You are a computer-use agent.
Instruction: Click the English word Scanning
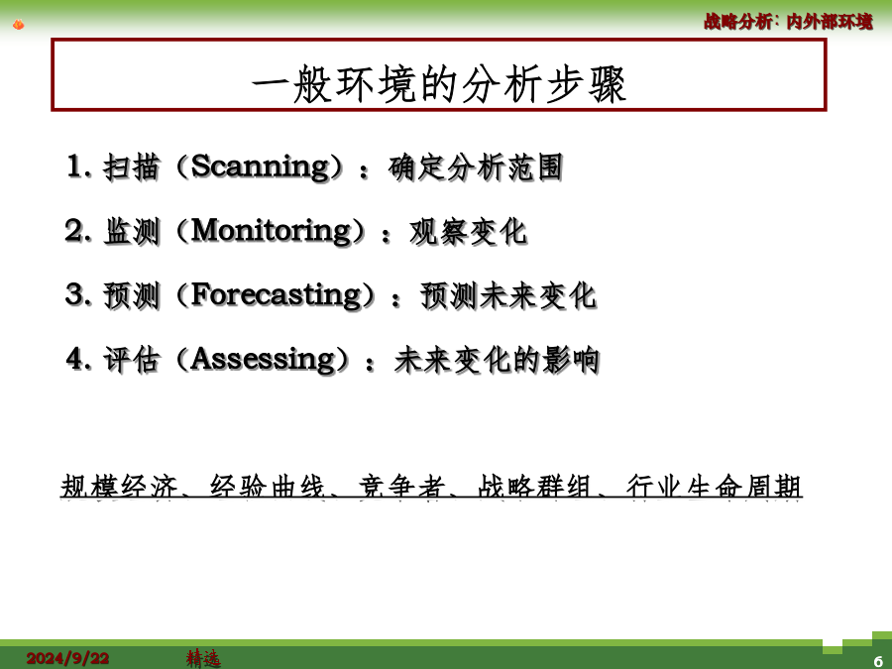[x=261, y=167]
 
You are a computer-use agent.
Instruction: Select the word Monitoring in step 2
[x=272, y=232]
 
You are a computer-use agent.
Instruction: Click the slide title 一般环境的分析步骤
[x=439, y=85]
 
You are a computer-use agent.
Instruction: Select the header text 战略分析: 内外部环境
[x=788, y=22]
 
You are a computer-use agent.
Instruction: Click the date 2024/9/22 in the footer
[x=67, y=659]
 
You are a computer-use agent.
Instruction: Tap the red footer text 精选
[x=203, y=659]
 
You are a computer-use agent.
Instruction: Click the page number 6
[x=878, y=661]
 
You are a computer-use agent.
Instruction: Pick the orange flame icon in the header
[x=18, y=25]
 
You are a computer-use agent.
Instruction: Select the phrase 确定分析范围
[x=476, y=167]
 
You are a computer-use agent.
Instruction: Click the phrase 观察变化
[x=468, y=232]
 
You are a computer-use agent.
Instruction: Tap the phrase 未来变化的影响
[x=497, y=361]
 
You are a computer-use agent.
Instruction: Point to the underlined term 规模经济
[x=119, y=487]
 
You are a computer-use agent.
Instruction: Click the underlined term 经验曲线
[x=268, y=487]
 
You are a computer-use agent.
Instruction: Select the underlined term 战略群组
[x=534, y=487]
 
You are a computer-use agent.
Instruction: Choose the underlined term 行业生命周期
[x=714, y=487]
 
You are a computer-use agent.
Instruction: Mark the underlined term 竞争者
[x=401, y=487]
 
